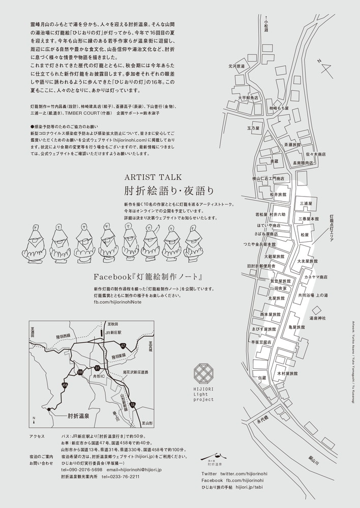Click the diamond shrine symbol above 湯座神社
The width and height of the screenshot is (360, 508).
pyautogui.click(x=317, y=309)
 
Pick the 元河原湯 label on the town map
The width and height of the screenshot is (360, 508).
pyautogui.click(x=236, y=66)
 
